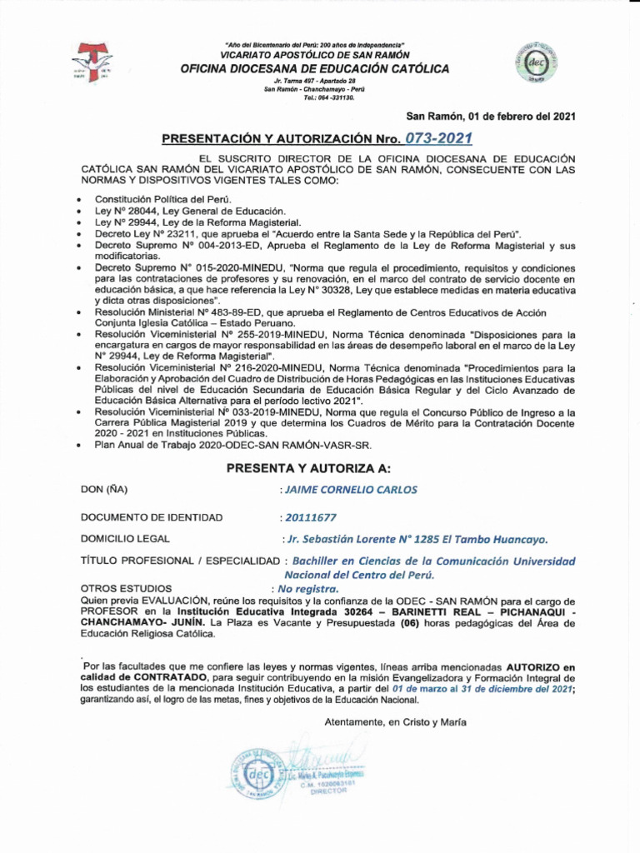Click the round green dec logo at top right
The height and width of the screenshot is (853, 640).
click(x=536, y=61)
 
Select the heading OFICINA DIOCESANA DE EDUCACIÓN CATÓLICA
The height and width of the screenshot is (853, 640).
click(x=314, y=68)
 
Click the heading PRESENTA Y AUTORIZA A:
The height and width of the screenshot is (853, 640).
click(x=314, y=469)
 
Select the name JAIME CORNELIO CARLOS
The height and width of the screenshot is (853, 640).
click(x=351, y=490)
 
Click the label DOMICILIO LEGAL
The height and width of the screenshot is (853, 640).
click(x=125, y=539)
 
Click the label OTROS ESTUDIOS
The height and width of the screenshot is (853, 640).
click(x=126, y=588)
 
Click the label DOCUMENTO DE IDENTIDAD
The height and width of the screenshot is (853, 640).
click(x=152, y=517)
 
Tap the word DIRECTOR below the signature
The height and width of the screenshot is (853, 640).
click(x=327, y=791)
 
